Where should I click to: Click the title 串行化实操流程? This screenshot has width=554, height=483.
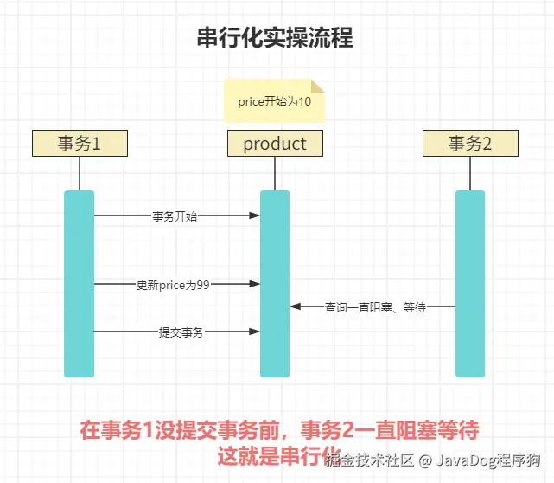276,38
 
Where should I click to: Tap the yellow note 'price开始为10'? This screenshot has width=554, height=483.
274,101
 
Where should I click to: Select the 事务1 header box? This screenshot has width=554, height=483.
80,143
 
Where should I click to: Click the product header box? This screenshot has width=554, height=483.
275,143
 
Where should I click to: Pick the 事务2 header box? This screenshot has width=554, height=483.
470,143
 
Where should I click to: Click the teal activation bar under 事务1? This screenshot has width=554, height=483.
80,283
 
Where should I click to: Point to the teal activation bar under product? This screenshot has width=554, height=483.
275,283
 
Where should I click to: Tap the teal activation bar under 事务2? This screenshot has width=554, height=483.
470,283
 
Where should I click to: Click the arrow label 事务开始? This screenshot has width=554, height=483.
175,216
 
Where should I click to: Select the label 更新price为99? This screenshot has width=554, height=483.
173,284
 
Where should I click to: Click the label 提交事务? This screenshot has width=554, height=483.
181,332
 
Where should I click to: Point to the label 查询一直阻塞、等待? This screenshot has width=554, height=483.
374,306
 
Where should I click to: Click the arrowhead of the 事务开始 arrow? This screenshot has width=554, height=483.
255,216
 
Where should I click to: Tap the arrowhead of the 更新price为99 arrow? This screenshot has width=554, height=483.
255,284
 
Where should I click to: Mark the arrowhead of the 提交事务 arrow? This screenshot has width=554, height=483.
255,332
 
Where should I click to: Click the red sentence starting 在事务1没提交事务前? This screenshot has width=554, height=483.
279,430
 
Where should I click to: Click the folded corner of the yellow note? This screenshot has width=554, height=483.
317,86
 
